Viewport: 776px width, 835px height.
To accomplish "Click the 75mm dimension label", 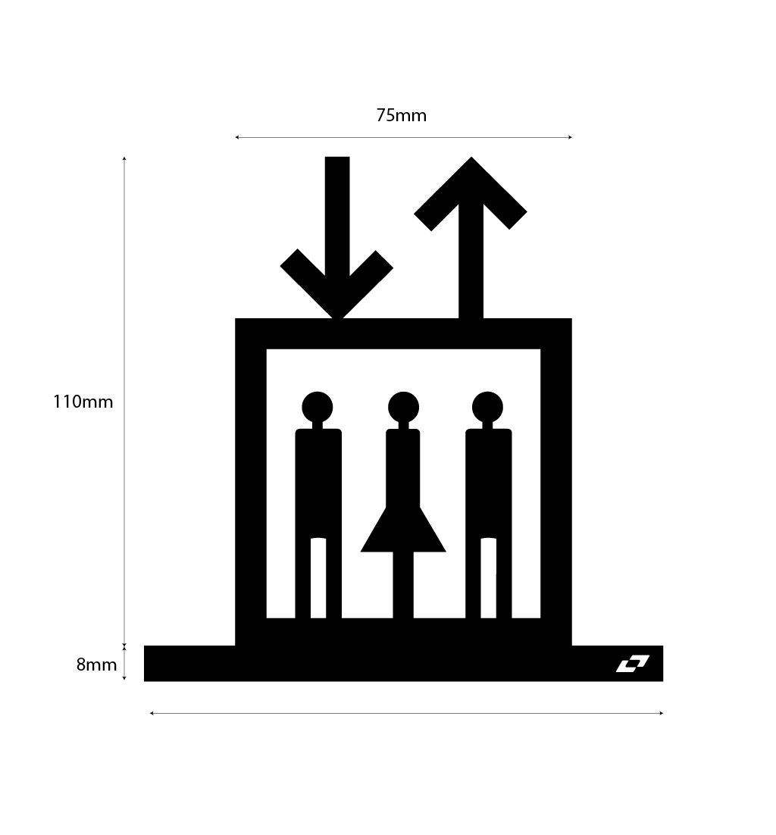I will pyautogui.click(x=401, y=116).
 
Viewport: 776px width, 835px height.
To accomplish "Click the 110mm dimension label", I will pyautogui.click(x=83, y=402).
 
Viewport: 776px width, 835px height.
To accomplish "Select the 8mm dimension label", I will pyautogui.click(x=96, y=665).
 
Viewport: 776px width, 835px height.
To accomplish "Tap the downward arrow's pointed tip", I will pyautogui.click(x=337, y=315).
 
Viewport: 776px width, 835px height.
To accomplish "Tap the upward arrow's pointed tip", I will pyautogui.click(x=471, y=160).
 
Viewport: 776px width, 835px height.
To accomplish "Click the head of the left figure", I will pyautogui.click(x=318, y=407).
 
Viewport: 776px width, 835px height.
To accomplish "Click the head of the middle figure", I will pyautogui.click(x=403, y=407).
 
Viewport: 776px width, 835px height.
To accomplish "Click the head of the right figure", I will pyautogui.click(x=487, y=407).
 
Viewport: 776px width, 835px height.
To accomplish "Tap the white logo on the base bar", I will pyautogui.click(x=632, y=664).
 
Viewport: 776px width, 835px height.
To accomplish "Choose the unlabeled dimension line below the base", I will pyautogui.click(x=406, y=713).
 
